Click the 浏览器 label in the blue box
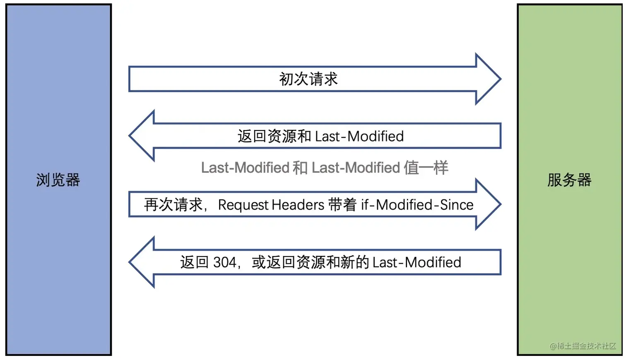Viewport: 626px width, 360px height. click(58, 180)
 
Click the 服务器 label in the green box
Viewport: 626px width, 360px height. click(569, 180)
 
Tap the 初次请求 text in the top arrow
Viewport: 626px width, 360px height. click(308, 79)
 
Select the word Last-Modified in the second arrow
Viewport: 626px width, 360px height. click(359, 136)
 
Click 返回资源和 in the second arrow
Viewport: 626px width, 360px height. click(274, 136)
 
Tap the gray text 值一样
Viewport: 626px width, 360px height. click(426, 168)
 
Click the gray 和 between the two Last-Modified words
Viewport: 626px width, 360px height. click(300, 168)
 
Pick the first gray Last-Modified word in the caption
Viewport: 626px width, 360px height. click(245, 168)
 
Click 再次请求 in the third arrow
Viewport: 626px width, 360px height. click(173, 205)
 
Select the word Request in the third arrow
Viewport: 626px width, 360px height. click(243, 205)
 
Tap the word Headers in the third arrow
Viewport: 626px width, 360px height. click(298, 205)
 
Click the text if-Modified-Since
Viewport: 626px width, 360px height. click(417, 205)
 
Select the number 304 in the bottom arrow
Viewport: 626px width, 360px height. click(225, 262)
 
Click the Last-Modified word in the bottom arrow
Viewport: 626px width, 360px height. click(417, 262)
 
